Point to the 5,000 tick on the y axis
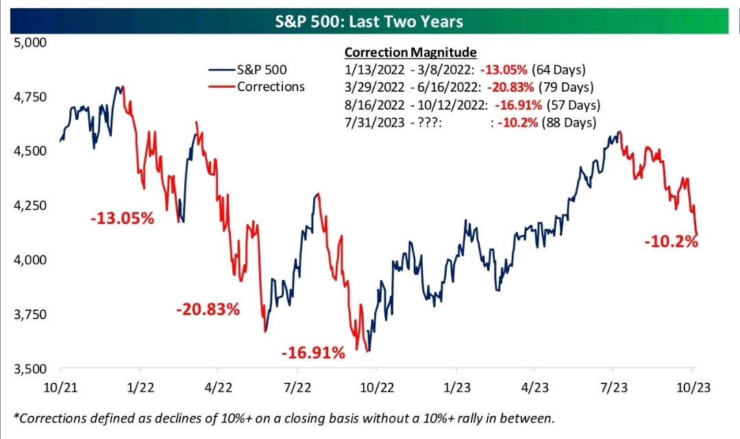(x=29, y=42)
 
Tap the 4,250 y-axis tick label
(x=29, y=205)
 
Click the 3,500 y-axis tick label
(x=29, y=369)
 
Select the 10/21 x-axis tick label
(x=60, y=388)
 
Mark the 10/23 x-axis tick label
(x=692, y=388)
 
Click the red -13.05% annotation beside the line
(x=123, y=219)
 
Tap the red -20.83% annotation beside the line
(x=208, y=310)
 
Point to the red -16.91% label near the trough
(x=312, y=353)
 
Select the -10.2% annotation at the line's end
(x=671, y=241)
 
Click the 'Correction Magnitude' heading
(x=410, y=53)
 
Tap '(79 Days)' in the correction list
(x=567, y=88)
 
